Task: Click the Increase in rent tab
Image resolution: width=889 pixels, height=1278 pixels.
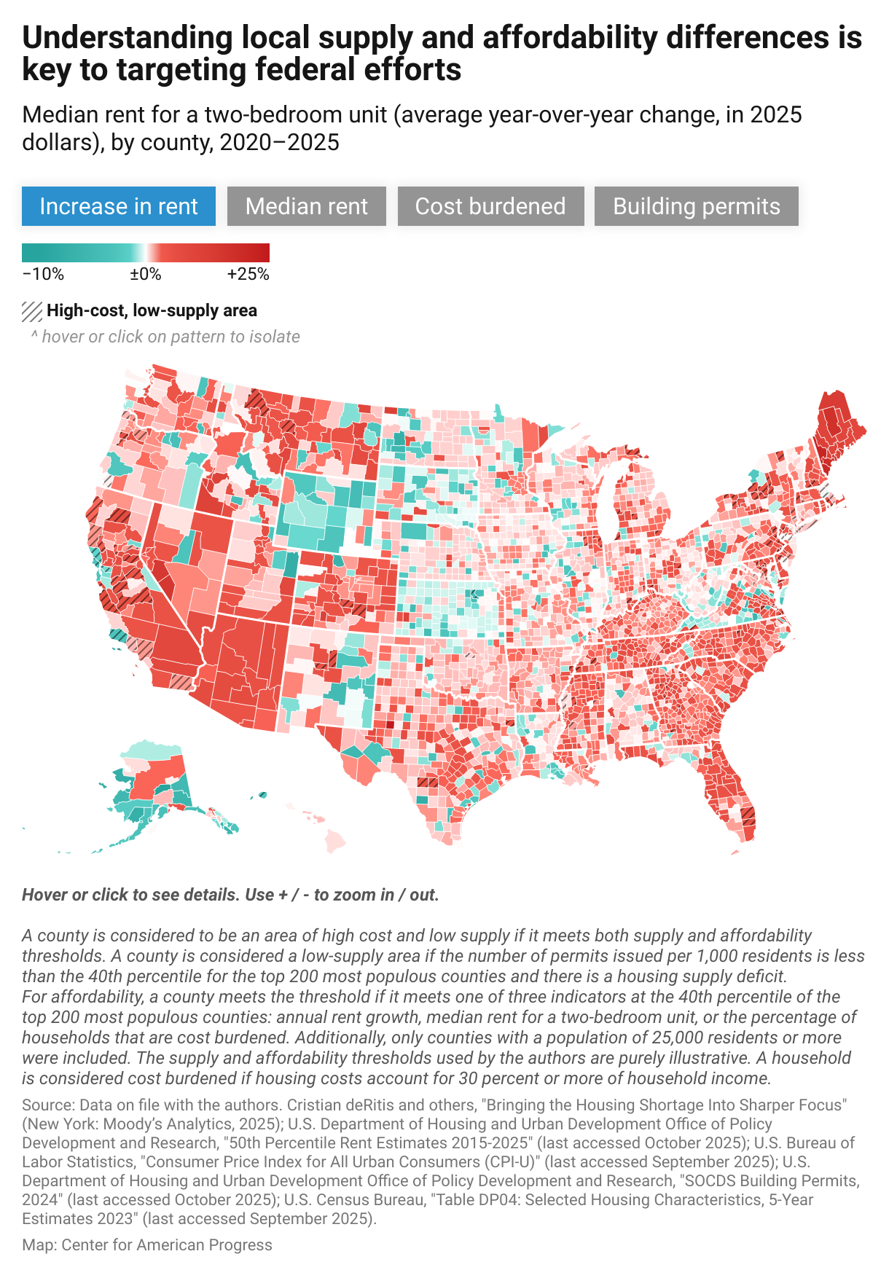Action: tap(119, 206)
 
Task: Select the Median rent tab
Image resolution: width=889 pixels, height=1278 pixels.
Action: tap(306, 206)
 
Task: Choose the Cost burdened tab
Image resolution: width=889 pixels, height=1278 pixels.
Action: tap(490, 206)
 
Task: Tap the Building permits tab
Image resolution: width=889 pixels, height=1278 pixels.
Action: tap(696, 206)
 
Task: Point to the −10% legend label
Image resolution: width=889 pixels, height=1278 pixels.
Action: tap(43, 275)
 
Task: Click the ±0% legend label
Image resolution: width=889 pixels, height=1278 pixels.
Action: tap(145, 275)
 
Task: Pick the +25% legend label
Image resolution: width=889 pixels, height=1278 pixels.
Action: tap(248, 275)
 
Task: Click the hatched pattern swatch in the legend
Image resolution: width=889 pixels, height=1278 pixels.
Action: tap(32, 311)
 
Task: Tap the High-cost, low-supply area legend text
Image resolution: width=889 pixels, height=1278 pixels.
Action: tap(152, 311)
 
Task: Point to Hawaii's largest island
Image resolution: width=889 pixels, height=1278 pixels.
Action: tap(334, 841)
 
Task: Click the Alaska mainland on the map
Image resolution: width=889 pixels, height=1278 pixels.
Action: tap(153, 780)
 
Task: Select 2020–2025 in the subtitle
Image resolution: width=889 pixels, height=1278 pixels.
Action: tap(279, 142)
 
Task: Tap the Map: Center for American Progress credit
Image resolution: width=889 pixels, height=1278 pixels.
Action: tap(146, 1245)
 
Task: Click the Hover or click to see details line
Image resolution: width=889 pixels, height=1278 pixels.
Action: tap(230, 895)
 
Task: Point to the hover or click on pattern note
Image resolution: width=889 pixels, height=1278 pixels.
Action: tap(165, 337)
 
